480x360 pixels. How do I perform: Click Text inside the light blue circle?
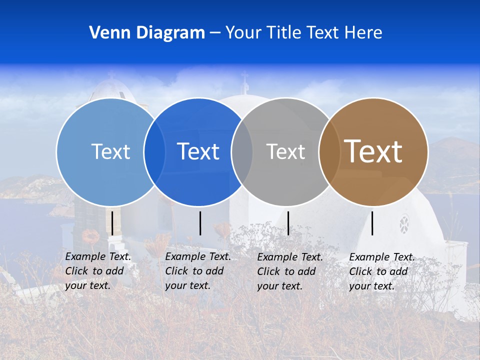tap(110, 151)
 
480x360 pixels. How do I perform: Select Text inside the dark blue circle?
tap(198, 151)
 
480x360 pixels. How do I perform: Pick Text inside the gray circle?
tap(285, 151)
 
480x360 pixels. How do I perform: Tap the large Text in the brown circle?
tap(373, 151)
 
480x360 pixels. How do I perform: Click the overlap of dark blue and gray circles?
tap(242, 152)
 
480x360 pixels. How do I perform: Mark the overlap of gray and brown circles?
tap(329, 152)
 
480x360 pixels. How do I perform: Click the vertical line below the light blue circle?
tap(112, 223)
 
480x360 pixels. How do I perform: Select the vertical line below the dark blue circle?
tap(200, 223)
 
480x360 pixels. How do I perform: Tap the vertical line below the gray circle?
tap(288, 223)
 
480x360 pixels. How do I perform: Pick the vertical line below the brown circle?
tap(372, 223)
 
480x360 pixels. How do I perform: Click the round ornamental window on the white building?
tap(404, 224)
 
